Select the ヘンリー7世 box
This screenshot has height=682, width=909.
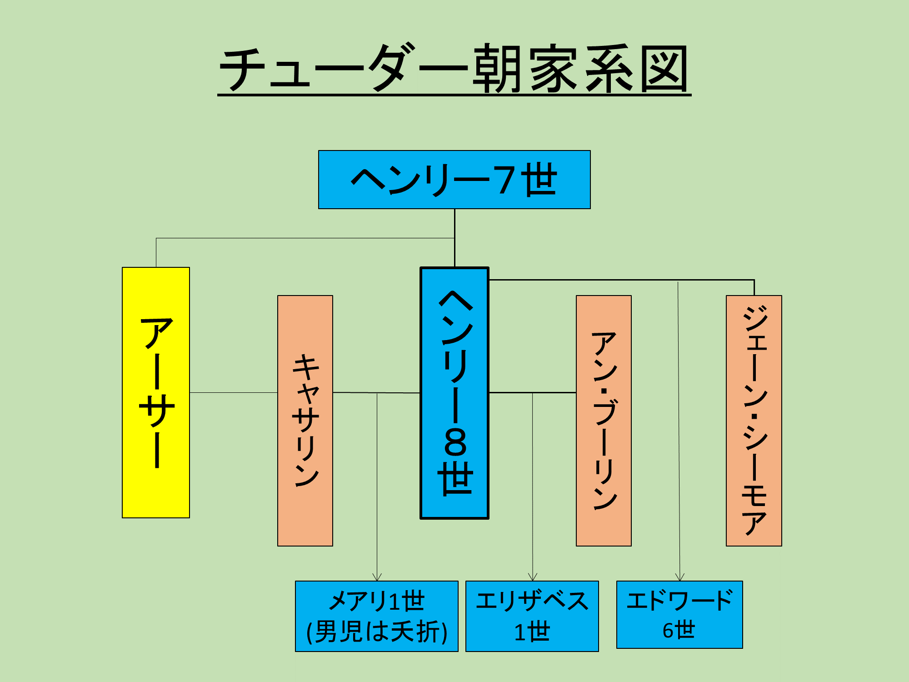click(454, 180)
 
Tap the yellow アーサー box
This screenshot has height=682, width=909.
click(156, 392)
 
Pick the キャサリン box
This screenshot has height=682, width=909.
click(305, 421)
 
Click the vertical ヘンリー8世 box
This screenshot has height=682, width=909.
click(454, 392)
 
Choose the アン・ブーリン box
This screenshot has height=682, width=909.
click(604, 421)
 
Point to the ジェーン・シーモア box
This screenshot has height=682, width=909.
click(754, 421)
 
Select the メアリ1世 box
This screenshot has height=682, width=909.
click(377, 616)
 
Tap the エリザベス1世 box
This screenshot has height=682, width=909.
click(532, 616)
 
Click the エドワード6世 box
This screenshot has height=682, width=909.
click(679, 614)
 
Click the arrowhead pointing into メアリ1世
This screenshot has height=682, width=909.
click(377, 577)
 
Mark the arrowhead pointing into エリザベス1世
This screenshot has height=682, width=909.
click(533, 577)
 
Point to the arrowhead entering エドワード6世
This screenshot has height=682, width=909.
click(679, 577)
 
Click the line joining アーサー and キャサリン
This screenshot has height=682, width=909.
click(234, 392)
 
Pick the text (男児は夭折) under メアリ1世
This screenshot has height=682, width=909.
click(377, 632)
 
